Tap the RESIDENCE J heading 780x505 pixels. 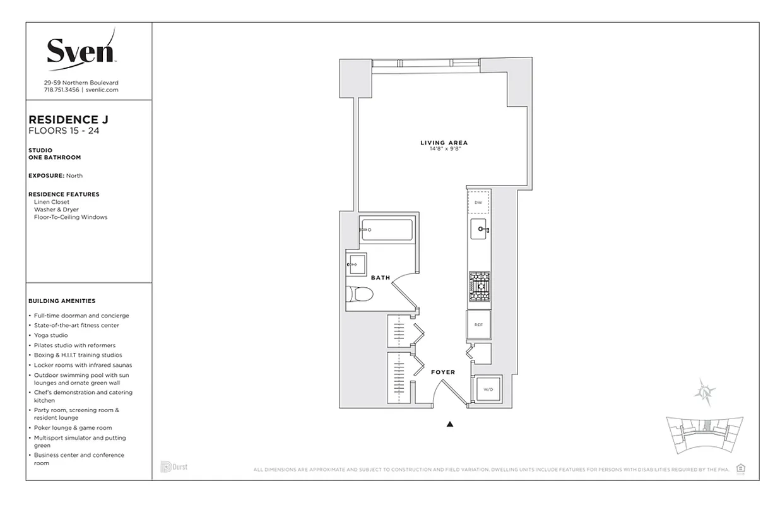click(64, 119)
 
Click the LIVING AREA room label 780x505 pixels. click(444, 143)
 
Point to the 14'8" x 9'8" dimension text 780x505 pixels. click(444, 150)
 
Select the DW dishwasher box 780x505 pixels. click(478, 203)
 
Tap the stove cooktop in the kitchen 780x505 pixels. click(479, 287)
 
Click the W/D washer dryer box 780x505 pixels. click(488, 389)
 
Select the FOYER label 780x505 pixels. click(443, 372)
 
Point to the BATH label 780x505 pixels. click(381, 278)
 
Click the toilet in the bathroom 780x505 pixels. click(360, 295)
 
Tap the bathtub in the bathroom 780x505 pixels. click(386, 230)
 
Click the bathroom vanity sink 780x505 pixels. click(355, 264)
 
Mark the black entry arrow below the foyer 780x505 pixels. click(450, 424)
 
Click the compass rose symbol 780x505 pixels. click(704, 392)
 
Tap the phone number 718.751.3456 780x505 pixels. click(61, 90)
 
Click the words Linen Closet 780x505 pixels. click(52, 202)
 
